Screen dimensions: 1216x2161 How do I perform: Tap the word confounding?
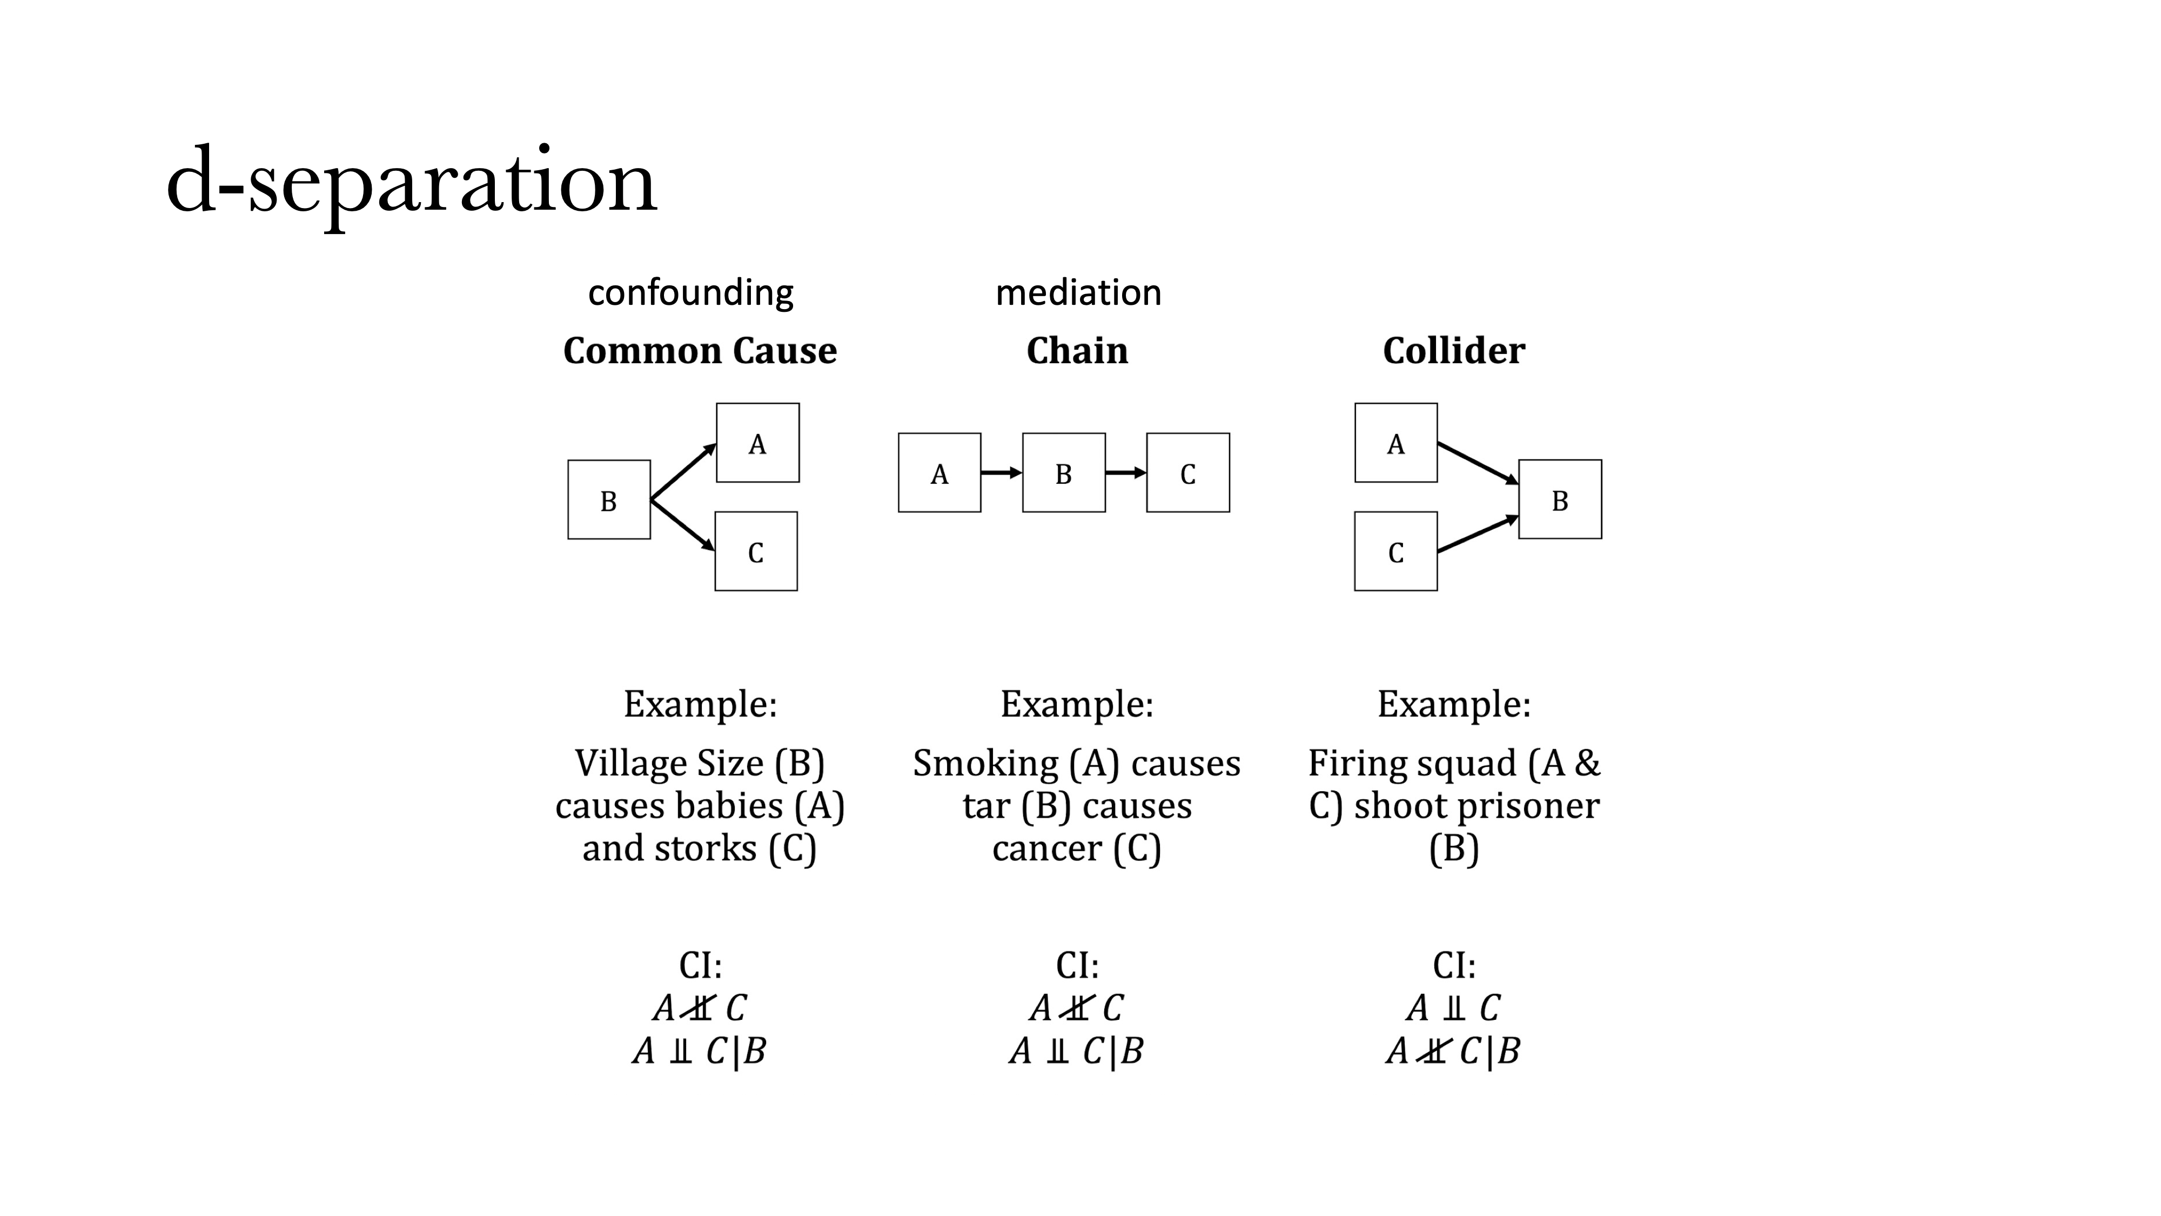[690, 293]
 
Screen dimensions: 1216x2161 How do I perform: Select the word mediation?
[1078, 293]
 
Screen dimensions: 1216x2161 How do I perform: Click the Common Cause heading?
[700, 351]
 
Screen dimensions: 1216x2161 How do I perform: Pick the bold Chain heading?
[1077, 351]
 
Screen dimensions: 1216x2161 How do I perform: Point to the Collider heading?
[1454, 351]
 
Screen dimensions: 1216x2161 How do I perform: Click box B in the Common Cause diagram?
[609, 500]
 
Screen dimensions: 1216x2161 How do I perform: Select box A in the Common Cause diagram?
[757, 443]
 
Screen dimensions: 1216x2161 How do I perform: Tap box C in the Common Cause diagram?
[756, 551]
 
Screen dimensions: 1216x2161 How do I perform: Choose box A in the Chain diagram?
[939, 473]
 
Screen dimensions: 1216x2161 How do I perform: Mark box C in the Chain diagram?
[1188, 473]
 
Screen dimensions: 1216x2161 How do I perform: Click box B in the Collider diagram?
[1560, 499]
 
